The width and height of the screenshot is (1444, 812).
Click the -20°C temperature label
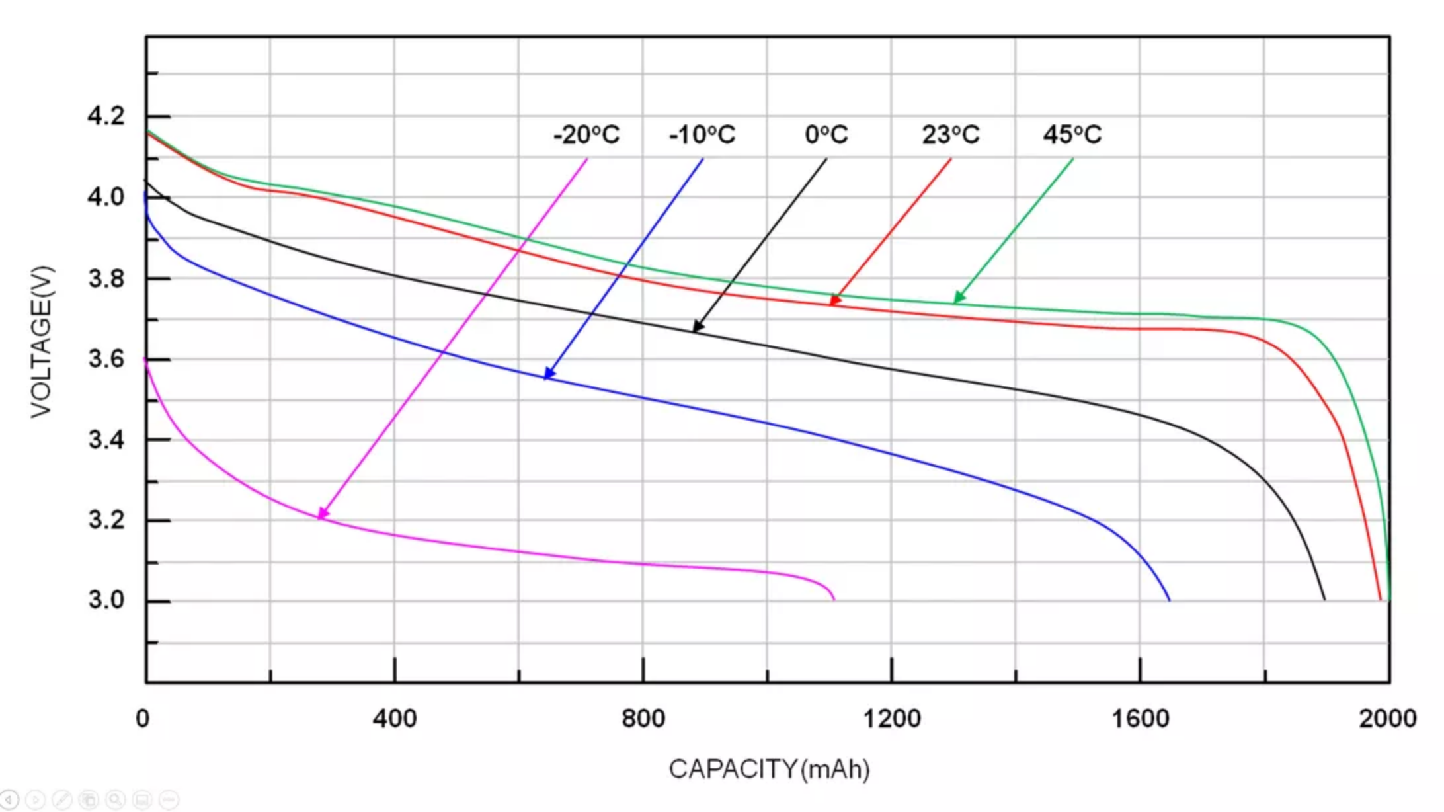pos(586,135)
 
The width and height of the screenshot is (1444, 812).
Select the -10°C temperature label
pos(702,135)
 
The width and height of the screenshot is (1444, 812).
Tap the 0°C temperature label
pos(826,135)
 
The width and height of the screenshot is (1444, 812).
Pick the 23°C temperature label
pos(951,135)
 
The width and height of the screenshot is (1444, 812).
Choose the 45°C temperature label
pos(1072,135)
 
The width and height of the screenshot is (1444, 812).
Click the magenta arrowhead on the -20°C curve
pos(323,513)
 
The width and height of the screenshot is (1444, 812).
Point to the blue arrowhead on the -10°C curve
pos(549,374)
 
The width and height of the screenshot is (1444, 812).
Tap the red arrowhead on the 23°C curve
pos(835,300)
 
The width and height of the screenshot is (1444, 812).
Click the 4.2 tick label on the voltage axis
pos(106,116)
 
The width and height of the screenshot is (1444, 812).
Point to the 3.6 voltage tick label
pos(106,359)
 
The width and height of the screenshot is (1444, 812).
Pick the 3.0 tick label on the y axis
pos(106,600)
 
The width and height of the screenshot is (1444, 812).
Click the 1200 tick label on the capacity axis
pos(892,719)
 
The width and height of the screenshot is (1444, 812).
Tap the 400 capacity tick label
pos(395,719)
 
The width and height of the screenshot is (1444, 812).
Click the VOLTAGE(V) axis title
pos(41,341)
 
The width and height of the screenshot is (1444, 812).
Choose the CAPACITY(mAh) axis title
pos(769,770)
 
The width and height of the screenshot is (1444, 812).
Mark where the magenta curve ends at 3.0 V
pos(834,599)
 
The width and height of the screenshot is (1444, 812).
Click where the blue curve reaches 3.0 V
pos(1170,600)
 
